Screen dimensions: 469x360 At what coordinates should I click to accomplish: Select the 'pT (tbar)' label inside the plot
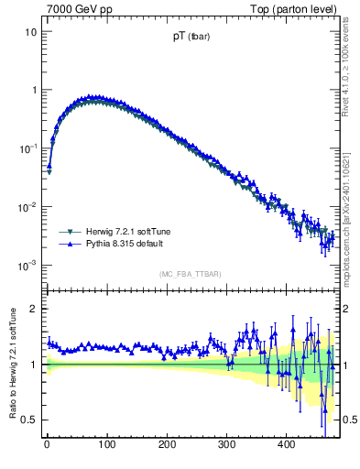coord(190,38)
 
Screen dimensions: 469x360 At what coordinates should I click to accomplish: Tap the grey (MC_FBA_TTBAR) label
coord(191,274)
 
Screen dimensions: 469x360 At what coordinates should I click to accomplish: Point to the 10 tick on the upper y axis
coord(29,32)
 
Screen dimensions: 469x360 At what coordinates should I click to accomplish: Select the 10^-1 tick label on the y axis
coord(25,147)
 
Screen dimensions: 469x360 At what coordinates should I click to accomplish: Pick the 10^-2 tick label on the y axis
coord(25,206)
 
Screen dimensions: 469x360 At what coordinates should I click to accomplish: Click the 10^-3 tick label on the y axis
coord(25,265)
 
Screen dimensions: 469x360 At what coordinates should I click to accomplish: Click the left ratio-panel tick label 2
coord(32,309)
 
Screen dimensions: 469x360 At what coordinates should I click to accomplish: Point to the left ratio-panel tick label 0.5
coord(27,420)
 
